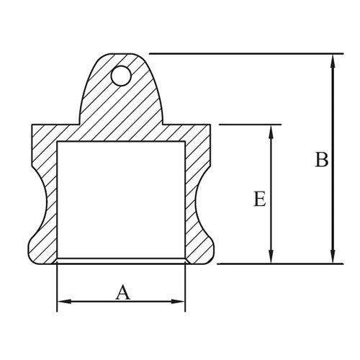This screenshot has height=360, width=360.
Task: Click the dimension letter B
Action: click(x=322, y=160)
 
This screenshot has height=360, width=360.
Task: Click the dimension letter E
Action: click(x=260, y=199)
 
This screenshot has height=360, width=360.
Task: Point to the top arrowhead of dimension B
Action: click(x=332, y=58)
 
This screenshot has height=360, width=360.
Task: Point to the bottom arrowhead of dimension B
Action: click(x=332, y=258)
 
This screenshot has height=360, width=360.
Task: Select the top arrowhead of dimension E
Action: click(x=271, y=130)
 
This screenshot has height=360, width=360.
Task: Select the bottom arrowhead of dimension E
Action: click(x=271, y=258)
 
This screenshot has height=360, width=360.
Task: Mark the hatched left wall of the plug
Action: click(x=43, y=194)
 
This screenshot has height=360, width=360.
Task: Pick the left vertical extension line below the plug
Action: click(x=57, y=288)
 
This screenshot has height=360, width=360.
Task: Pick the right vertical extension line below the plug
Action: click(x=186, y=288)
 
